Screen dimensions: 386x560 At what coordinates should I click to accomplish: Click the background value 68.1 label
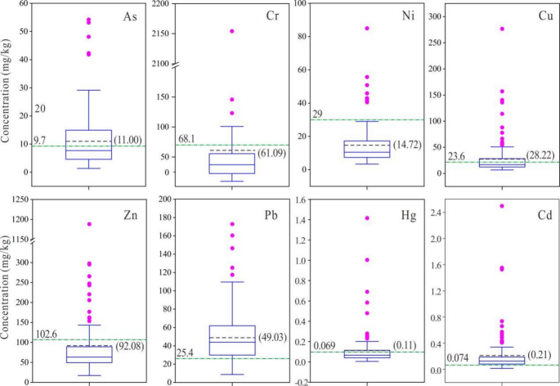165,138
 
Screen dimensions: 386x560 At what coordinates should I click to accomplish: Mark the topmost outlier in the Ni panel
366,29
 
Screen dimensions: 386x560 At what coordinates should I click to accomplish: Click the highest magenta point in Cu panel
501,29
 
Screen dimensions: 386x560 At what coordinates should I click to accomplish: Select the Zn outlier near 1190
89,223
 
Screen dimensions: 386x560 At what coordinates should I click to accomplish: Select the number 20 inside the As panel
39,108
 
